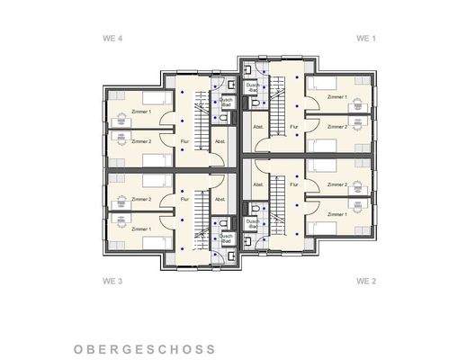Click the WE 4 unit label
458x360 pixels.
[113, 39]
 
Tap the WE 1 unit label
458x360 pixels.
[365, 39]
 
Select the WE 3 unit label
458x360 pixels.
[113, 281]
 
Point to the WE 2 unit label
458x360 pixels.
[365, 281]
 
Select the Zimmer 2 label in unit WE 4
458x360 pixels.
[140, 141]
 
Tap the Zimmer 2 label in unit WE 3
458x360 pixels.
[140, 199]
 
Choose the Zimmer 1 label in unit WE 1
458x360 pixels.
[337, 95]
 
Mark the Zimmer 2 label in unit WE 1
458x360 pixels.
[337, 127]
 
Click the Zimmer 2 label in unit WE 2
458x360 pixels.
[337, 184]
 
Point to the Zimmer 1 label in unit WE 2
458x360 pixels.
[337, 214]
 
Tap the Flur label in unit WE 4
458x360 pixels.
[184, 141]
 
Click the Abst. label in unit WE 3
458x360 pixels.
[219, 199]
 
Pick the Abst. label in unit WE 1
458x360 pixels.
[258, 127]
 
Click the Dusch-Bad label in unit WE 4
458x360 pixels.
[227, 102]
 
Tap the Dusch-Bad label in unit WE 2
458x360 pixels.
[253, 223]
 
